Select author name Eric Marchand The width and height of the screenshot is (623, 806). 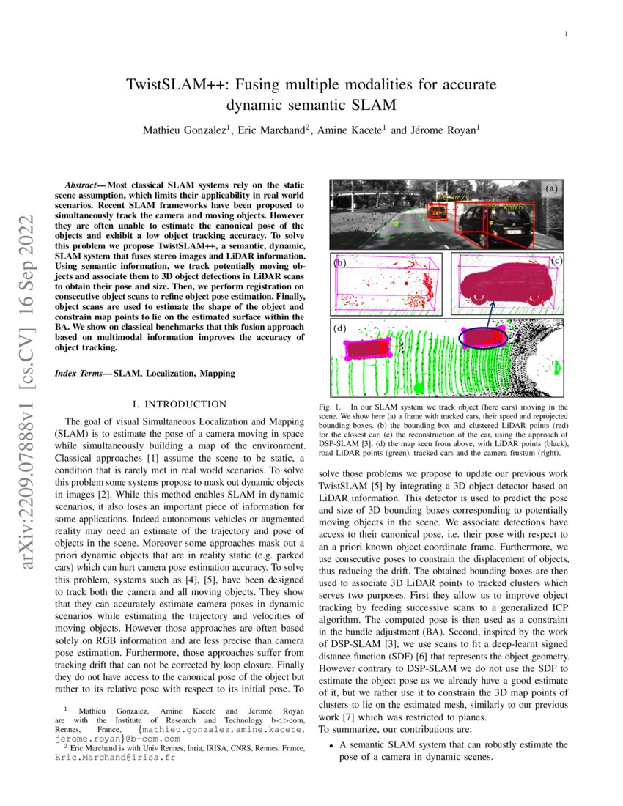pos(272,130)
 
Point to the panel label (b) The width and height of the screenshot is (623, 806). pos(339,262)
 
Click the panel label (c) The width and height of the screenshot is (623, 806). pos(556,260)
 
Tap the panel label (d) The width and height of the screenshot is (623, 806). pos(340,329)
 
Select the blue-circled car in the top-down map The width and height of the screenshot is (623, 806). pos(482,337)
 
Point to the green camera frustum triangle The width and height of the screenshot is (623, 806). pos(556,366)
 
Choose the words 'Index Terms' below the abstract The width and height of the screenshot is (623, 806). pos(78,373)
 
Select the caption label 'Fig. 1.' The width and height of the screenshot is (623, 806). pos(330,406)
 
